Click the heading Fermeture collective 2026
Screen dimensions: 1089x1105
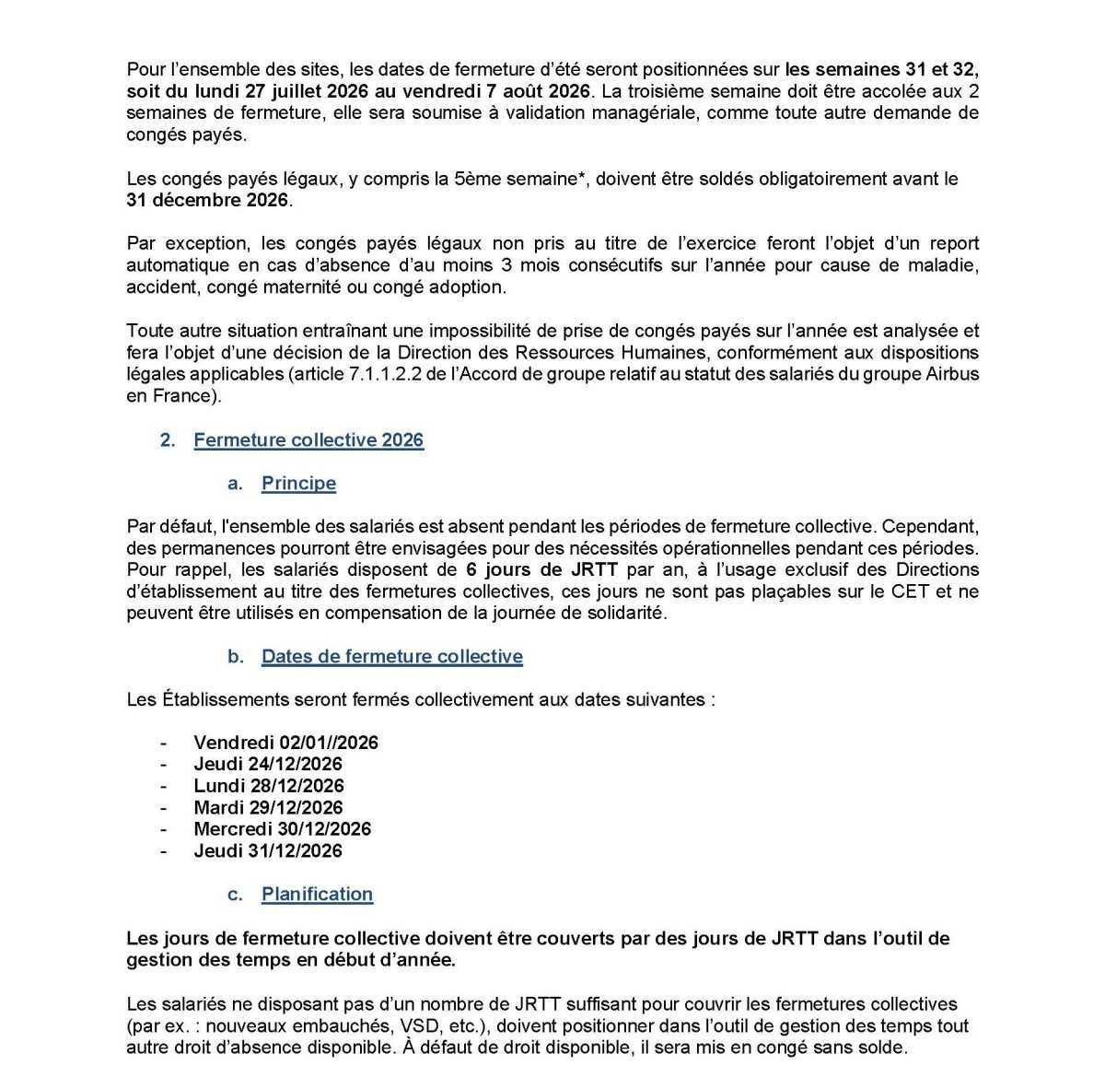pyautogui.click(x=308, y=440)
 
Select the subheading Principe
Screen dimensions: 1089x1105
pyautogui.click(x=298, y=484)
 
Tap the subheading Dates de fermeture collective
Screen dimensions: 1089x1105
pyautogui.click(x=391, y=657)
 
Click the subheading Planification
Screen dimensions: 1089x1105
pyautogui.click(x=317, y=895)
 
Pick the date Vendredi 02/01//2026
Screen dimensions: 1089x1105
pyautogui.click(x=285, y=743)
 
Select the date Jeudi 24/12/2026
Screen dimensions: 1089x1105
pyautogui.click(x=267, y=764)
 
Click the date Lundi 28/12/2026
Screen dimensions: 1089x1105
pyautogui.click(x=268, y=786)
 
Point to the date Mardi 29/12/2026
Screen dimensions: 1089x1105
pyautogui.click(x=267, y=808)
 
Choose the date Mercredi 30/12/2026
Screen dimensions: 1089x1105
pyautogui.click(x=282, y=829)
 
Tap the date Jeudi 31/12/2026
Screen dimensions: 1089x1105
pyautogui.click(x=267, y=851)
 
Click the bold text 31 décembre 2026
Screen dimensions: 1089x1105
pyautogui.click(x=207, y=200)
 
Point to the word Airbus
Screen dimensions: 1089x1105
pyautogui.click(x=953, y=375)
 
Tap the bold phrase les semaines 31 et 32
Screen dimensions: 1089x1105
pyautogui.click(x=881, y=70)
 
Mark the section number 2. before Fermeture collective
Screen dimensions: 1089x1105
pyautogui.click(x=168, y=440)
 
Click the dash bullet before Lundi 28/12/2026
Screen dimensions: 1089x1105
pyautogui.click(x=164, y=786)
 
